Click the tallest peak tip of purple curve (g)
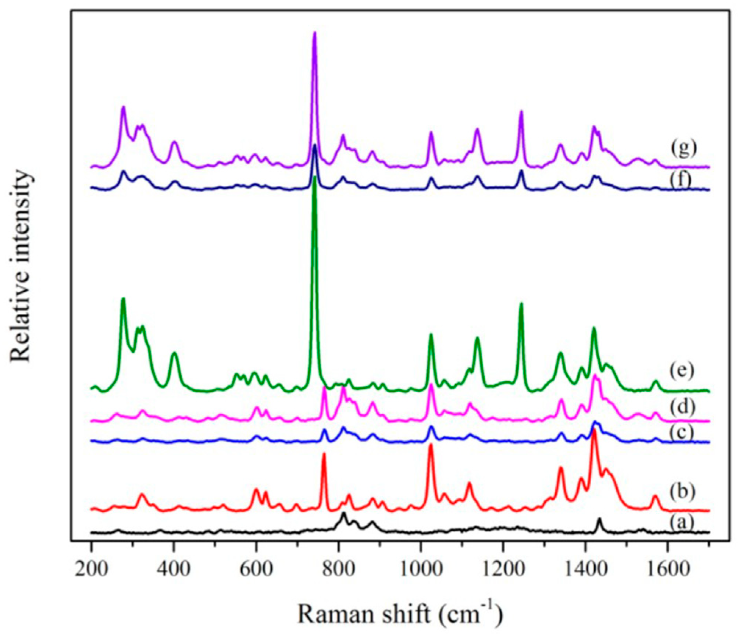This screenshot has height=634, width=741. coord(314,33)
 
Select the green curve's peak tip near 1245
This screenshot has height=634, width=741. coord(521,303)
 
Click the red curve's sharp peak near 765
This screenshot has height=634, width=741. coord(324,454)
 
